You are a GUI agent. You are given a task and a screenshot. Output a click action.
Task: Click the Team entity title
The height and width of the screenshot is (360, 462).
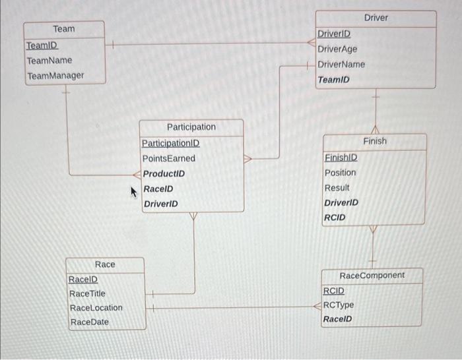[64, 29]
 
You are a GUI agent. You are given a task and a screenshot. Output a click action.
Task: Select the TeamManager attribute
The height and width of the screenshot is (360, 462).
[55, 76]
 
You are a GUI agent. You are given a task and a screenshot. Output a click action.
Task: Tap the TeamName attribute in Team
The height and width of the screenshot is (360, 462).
[49, 61]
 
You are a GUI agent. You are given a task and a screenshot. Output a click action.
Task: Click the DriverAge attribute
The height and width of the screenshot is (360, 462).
[337, 49]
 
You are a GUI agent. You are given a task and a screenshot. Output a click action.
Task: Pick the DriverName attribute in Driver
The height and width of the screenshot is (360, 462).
[341, 65]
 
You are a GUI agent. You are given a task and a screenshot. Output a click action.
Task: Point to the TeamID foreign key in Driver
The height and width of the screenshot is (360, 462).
[333, 80]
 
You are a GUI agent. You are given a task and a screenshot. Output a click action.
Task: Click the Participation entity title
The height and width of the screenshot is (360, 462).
[191, 127]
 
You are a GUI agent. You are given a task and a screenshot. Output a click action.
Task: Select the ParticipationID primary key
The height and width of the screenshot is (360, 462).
[170, 143]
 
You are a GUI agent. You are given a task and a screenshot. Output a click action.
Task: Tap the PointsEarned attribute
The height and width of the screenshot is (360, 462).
[169, 159]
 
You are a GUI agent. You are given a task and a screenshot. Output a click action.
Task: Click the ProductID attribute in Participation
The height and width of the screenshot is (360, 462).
[164, 174]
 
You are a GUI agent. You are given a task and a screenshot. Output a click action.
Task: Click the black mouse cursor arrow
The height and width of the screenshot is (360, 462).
[134, 191]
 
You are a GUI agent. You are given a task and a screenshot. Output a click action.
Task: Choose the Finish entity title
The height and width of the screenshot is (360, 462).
[375, 141]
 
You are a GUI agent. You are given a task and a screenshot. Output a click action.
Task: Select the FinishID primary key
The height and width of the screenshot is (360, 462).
[341, 158]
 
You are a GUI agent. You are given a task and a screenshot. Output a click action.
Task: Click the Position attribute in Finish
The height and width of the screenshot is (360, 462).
[340, 173]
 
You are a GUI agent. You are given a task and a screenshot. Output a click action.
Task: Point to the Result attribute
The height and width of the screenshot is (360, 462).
[337, 188]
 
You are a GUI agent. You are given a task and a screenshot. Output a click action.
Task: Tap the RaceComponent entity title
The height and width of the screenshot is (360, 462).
[372, 275]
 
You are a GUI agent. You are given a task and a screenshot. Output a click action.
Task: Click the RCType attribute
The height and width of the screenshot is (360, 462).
[338, 305]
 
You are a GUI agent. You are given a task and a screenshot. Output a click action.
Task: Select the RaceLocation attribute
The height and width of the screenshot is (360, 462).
[96, 308]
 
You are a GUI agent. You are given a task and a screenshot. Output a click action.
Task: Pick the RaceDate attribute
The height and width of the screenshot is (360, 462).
[89, 322]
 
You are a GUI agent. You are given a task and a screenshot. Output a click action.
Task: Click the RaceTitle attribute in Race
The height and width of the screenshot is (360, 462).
[87, 293]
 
